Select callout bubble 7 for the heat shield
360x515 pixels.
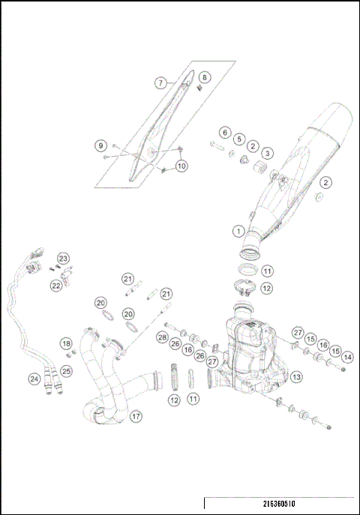160,82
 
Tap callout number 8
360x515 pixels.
205,77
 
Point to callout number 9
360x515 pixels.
100,145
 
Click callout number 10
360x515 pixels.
181,165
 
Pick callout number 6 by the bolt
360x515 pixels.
225,132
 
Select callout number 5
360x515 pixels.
239,139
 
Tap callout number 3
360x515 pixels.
267,153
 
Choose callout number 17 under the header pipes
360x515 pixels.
136,416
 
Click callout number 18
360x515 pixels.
66,343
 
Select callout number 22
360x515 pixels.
56,286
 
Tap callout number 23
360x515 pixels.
63,259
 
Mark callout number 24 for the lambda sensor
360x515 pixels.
34,379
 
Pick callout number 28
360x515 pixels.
162,338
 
